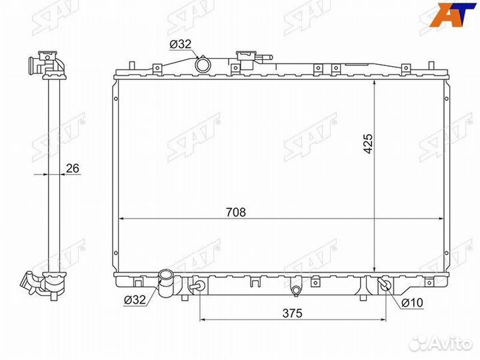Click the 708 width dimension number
236,212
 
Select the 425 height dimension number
367,143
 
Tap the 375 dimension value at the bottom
293,313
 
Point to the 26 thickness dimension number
73,168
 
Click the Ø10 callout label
412,303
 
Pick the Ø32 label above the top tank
180,45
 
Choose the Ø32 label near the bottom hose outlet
135,299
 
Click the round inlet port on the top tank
203,65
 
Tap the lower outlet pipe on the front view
165,283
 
